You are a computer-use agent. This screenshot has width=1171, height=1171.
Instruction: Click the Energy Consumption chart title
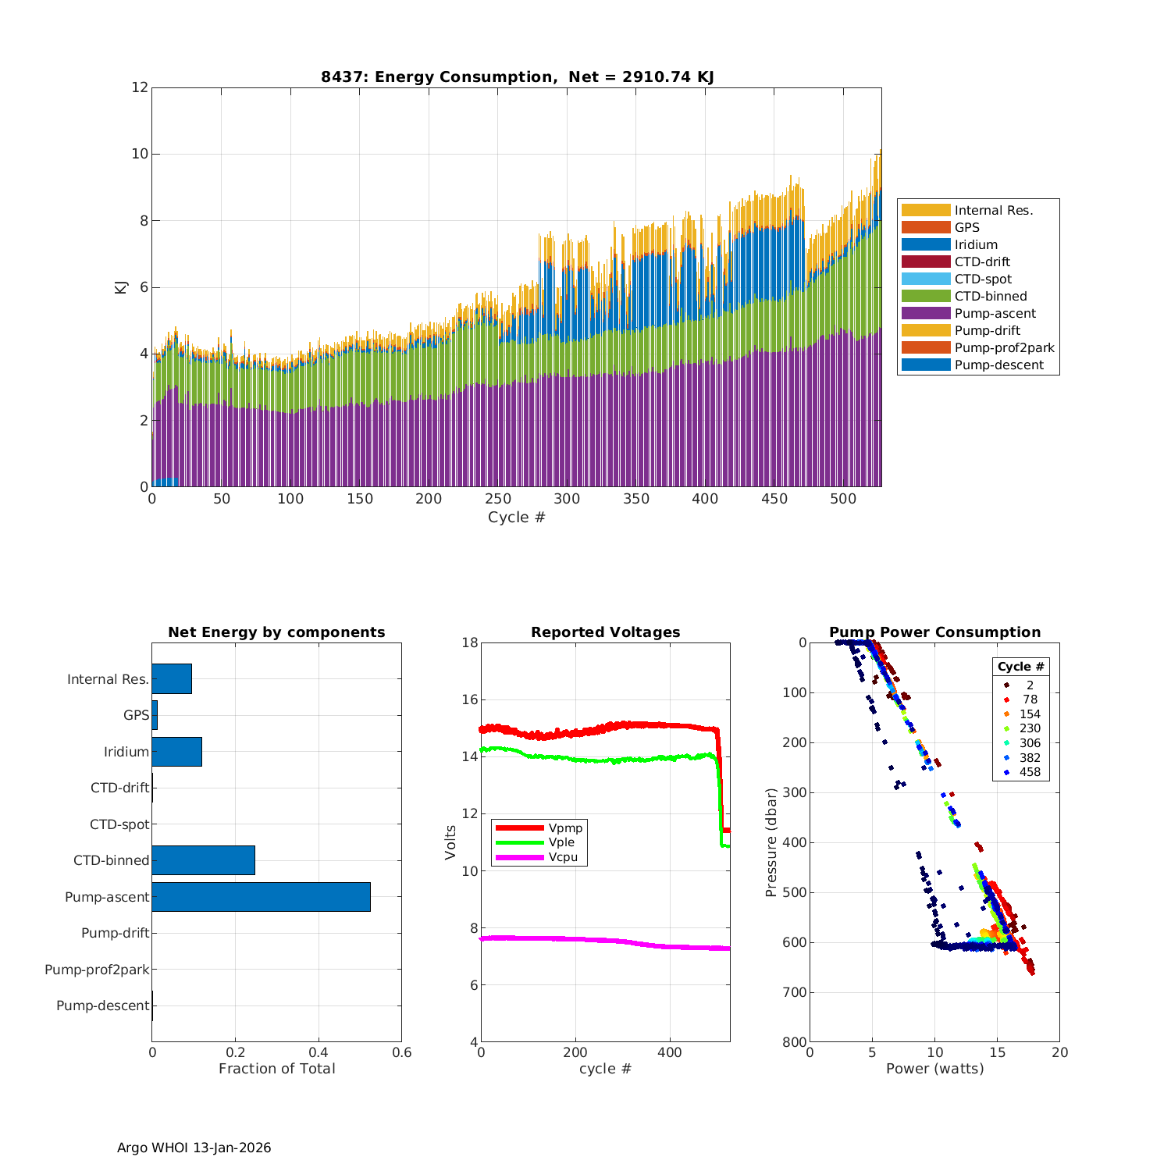(517, 77)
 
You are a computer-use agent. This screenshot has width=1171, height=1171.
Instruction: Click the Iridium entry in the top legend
(975, 244)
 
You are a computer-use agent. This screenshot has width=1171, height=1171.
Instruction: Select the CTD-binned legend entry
(990, 296)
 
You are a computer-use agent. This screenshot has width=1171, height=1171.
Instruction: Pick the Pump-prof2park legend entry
(1004, 347)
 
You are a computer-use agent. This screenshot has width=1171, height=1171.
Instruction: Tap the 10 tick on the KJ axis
(140, 154)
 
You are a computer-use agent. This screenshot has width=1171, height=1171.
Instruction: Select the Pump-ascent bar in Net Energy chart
(261, 897)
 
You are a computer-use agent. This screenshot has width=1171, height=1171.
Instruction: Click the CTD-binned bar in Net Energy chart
(203, 860)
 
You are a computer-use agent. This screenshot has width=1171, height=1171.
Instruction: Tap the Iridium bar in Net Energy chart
(176, 752)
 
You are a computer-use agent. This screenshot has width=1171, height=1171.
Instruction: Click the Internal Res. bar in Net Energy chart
(172, 679)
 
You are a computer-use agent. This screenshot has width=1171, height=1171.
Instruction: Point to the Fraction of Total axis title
(276, 1069)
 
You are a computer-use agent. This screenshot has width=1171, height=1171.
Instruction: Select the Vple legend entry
(561, 842)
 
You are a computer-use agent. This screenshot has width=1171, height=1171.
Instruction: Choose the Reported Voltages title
(605, 632)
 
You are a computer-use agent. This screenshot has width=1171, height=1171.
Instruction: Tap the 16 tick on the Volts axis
(469, 699)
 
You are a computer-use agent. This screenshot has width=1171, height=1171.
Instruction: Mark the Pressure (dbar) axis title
(771, 842)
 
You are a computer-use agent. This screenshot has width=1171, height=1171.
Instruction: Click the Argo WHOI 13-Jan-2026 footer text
(194, 1148)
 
